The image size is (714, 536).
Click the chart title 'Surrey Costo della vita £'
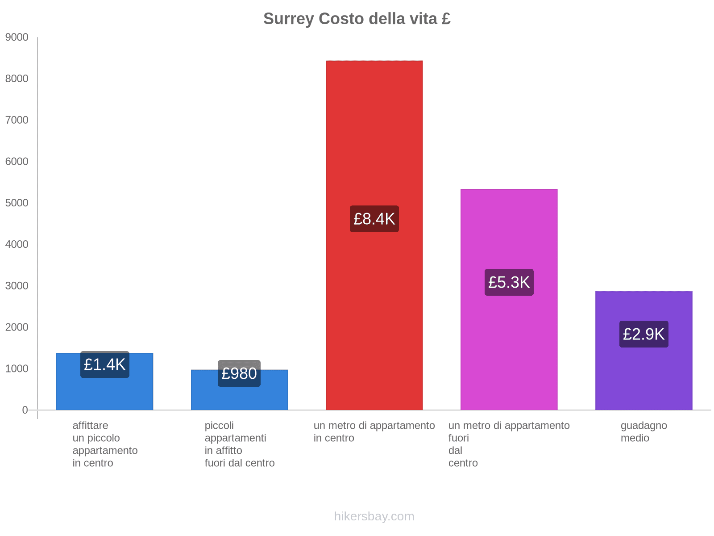click(x=357, y=19)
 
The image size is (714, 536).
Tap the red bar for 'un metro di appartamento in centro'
click(x=374, y=134)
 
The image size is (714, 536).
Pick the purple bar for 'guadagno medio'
click(x=643, y=380)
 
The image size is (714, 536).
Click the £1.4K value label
click(x=105, y=364)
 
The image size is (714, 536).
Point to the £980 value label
click(x=239, y=373)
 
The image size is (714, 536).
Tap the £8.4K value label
click(x=374, y=219)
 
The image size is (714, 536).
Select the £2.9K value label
click(x=643, y=334)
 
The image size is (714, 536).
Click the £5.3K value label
click(x=509, y=282)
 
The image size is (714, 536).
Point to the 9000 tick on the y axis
click(x=17, y=38)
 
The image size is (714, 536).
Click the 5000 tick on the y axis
click(x=17, y=203)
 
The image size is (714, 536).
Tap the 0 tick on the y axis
click(x=25, y=410)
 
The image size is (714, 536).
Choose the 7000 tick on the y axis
click(x=17, y=120)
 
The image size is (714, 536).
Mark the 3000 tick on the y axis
click(x=17, y=286)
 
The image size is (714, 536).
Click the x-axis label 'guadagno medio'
click(x=643, y=432)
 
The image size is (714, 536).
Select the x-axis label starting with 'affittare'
click(x=105, y=444)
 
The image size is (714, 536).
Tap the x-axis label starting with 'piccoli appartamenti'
click(x=239, y=444)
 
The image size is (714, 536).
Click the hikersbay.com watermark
click(x=374, y=516)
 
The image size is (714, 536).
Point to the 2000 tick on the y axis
click(x=17, y=327)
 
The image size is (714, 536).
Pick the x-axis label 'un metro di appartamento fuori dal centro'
click(x=509, y=444)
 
